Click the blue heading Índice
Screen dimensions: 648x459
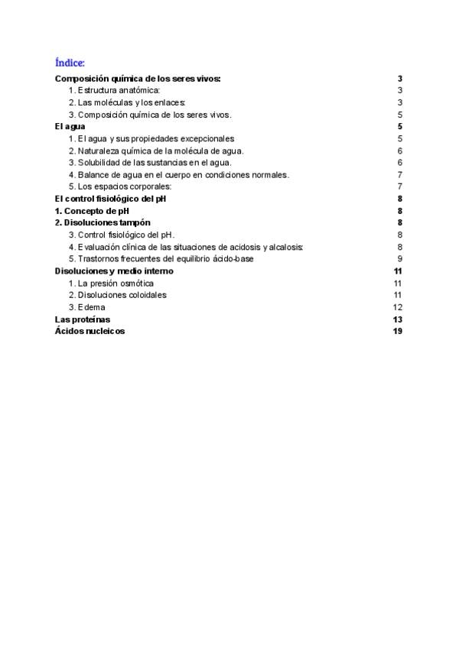click(70, 62)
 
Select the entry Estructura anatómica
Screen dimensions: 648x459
click(114, 91)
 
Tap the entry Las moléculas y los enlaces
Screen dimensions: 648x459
click(127, 102)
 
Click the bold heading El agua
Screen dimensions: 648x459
click(70, 126)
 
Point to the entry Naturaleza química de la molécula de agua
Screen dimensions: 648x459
click(156, 151)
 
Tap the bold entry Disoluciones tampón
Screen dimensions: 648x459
click(103, 222)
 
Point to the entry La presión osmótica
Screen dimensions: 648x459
click(116, 283)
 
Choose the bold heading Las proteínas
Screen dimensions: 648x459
click(83, 319)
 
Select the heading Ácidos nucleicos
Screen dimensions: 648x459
click(90, 331)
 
